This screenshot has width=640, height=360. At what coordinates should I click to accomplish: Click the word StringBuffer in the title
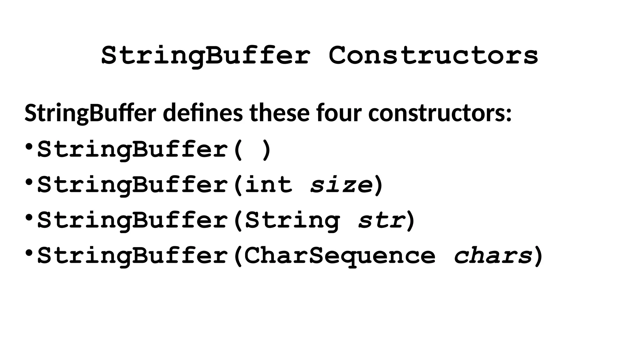click(x=206, y=56)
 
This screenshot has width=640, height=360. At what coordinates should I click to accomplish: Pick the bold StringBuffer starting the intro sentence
click(x=90, y=113)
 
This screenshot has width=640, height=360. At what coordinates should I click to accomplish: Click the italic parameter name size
click(x=342, y=185)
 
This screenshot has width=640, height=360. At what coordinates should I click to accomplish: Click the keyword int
click(x=268, y=185)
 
